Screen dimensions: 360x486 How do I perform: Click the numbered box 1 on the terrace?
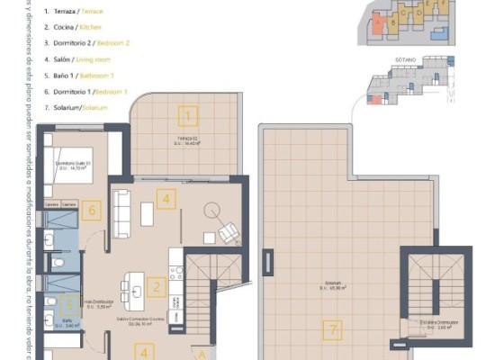click(x=187, y=114)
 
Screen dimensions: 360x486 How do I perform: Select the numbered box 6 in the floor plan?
click(x=90, y=212)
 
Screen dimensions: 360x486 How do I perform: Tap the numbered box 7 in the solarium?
click(x=333, y=330)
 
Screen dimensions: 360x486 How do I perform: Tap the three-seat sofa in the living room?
click(x=121, y=207)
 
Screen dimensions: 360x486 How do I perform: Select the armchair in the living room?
click(x=229, y=232)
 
